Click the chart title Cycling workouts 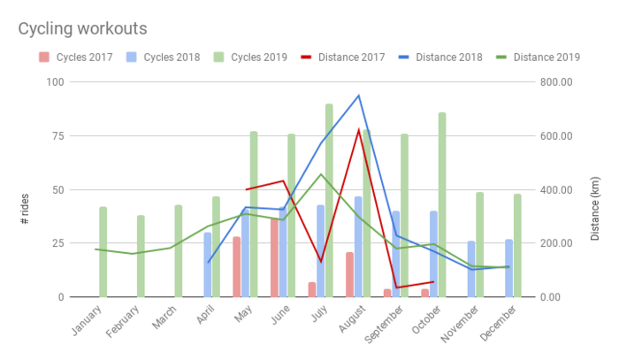pos(82,29)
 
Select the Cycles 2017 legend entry pos(80,57)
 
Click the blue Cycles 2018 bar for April pos(208,264)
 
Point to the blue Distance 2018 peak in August pos(358,96)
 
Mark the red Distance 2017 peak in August pos(358,130)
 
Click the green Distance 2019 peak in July pos(321,174)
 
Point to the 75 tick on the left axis pos(57,136)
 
